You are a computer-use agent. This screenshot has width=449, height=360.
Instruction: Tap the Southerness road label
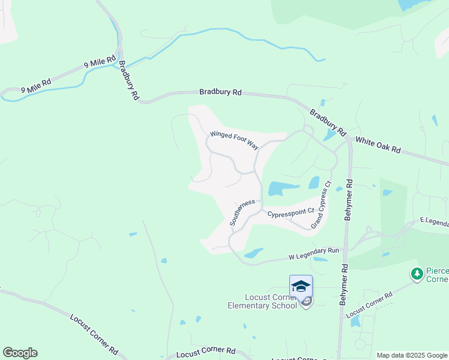click(243, 212)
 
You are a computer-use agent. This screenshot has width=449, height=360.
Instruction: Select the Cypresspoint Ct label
click(291, 212)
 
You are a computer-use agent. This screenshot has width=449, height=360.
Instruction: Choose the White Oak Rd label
click(378, 144)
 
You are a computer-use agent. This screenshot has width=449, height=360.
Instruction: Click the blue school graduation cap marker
click(301, 286)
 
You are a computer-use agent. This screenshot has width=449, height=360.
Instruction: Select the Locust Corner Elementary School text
click(262, 301)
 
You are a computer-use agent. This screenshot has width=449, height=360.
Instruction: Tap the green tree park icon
click(417, 274)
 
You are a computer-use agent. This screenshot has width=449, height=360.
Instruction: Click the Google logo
click(20, 352)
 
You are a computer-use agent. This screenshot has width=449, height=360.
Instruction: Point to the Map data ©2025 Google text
click(412, 355)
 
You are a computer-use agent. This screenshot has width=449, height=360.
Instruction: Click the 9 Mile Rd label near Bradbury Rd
click(100, 62)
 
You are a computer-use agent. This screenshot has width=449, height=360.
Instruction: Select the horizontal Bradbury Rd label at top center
click(220, 92)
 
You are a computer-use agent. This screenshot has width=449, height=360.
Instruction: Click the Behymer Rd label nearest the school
click(344, 285)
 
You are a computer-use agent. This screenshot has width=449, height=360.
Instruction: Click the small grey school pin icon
click(306, 302)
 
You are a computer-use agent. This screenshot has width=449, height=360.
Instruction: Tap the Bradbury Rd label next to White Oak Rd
click(328, 121)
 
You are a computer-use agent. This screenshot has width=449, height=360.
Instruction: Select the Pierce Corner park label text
click(437, 274)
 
